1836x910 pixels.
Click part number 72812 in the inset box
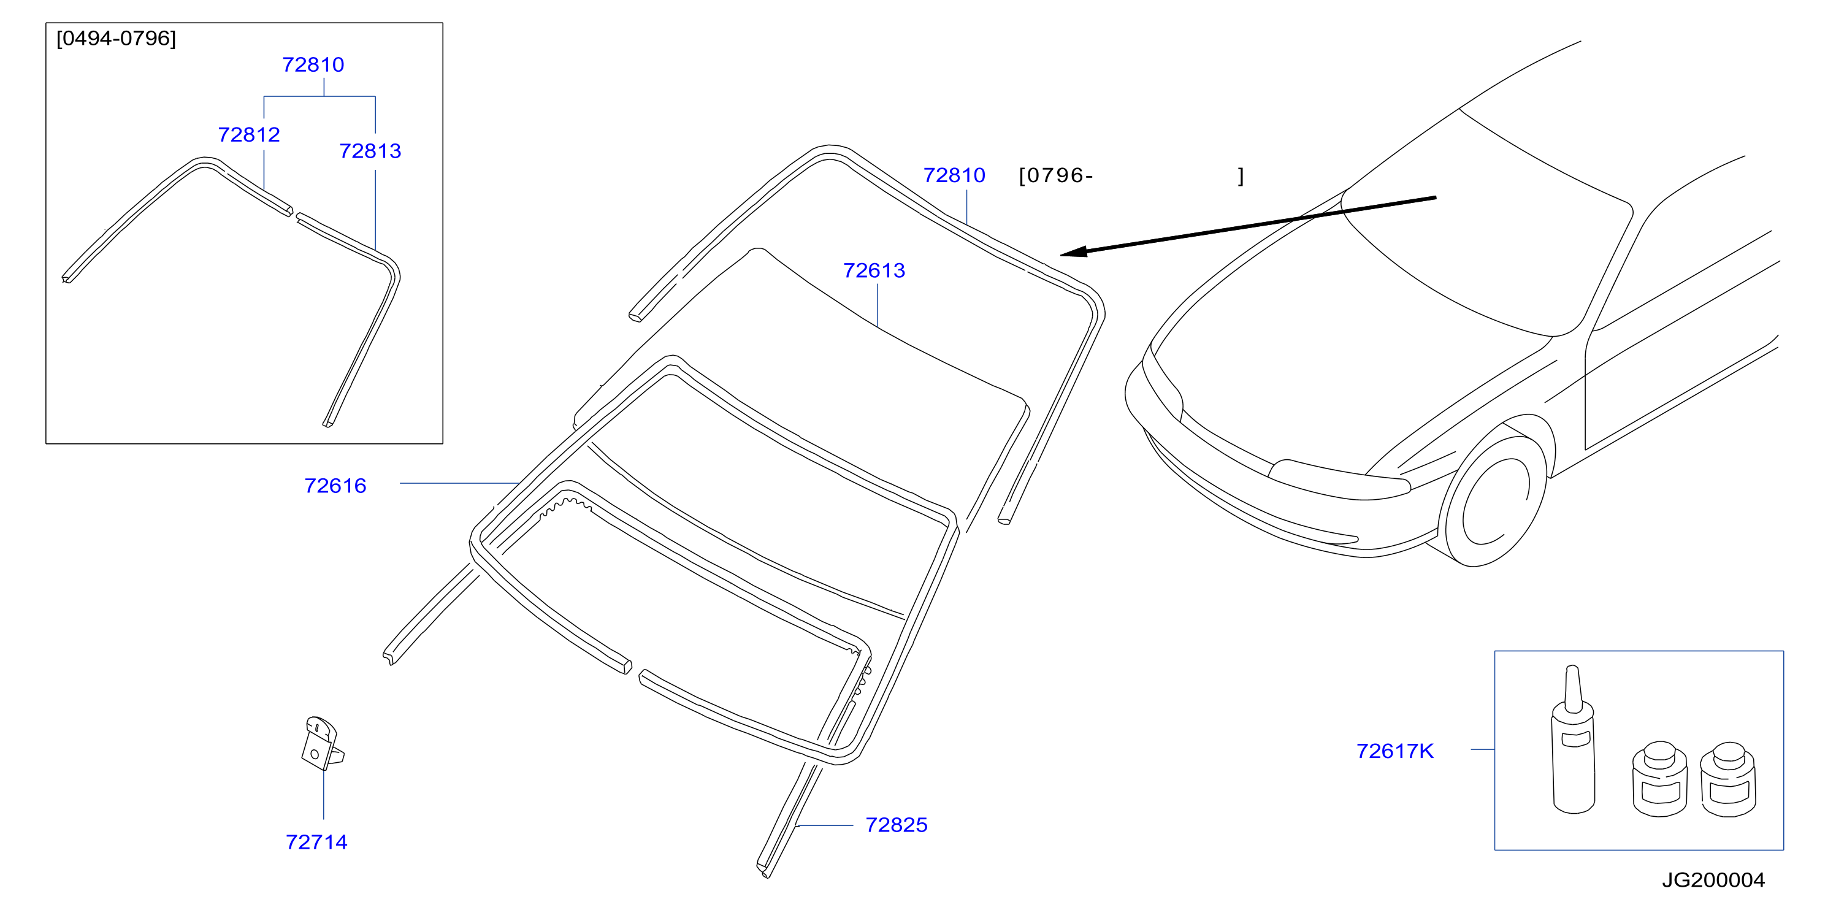point(249,135)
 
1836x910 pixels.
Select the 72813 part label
point(370,151)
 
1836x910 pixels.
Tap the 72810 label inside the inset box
point(313,65)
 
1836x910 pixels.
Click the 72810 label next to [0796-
point(954,175)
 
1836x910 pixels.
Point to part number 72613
point(874,271)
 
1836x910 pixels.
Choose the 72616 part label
point(335,486)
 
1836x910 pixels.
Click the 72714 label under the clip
point(316,843)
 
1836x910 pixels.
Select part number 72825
point(896,825)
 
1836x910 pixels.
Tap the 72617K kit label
point(1394,751)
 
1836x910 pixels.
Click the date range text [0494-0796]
point(116,39)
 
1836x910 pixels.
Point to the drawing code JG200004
point(1713,880)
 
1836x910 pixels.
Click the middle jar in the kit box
point(1659,779)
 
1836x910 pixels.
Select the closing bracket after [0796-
point(1241,176)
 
